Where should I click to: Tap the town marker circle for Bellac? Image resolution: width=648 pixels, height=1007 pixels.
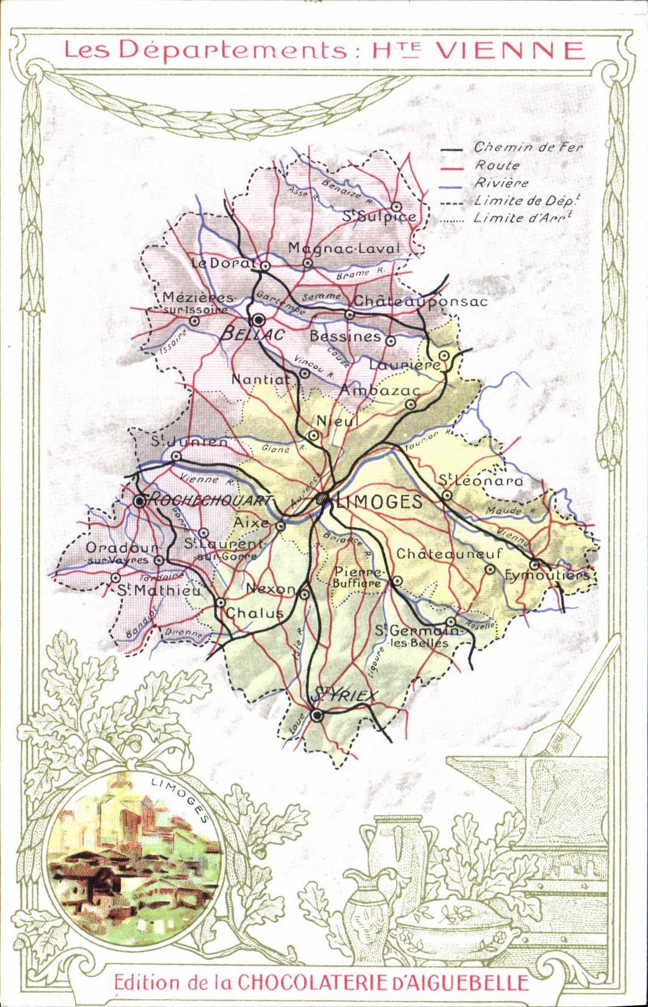[258, 320]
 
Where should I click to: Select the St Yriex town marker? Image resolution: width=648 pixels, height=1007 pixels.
[316, 716]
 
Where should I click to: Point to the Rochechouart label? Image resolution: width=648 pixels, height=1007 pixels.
[209, 500]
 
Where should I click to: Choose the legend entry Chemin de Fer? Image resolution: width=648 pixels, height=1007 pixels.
[528, 147]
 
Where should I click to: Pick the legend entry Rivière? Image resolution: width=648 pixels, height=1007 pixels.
[501, 182]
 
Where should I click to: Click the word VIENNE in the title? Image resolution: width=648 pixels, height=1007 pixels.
[511, 51]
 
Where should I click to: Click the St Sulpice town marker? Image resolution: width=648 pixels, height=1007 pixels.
[396, 206]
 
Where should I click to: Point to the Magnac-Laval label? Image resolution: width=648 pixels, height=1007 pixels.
[344, 248]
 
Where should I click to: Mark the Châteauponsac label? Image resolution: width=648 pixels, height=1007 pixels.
[420, 301]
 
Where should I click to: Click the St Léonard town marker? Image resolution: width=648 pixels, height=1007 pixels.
[447, 496]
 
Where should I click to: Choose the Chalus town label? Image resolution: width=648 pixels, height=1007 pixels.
[255, 613]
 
